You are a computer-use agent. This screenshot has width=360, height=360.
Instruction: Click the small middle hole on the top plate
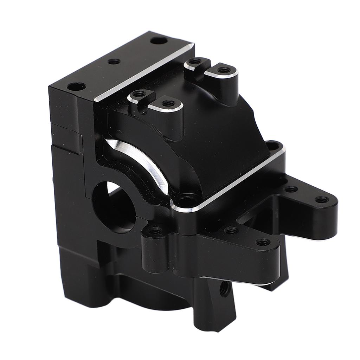point(114,62)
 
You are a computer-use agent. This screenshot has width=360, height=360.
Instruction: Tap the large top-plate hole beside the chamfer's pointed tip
point(159,41)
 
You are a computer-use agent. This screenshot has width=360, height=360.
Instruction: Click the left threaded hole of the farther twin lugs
point(193,62)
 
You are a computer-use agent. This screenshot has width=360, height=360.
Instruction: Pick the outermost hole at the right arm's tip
point(322,200)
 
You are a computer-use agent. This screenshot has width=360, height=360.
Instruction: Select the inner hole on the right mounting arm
point(291,189)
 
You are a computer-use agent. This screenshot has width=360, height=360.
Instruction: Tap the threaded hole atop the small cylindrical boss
point(155,231)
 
